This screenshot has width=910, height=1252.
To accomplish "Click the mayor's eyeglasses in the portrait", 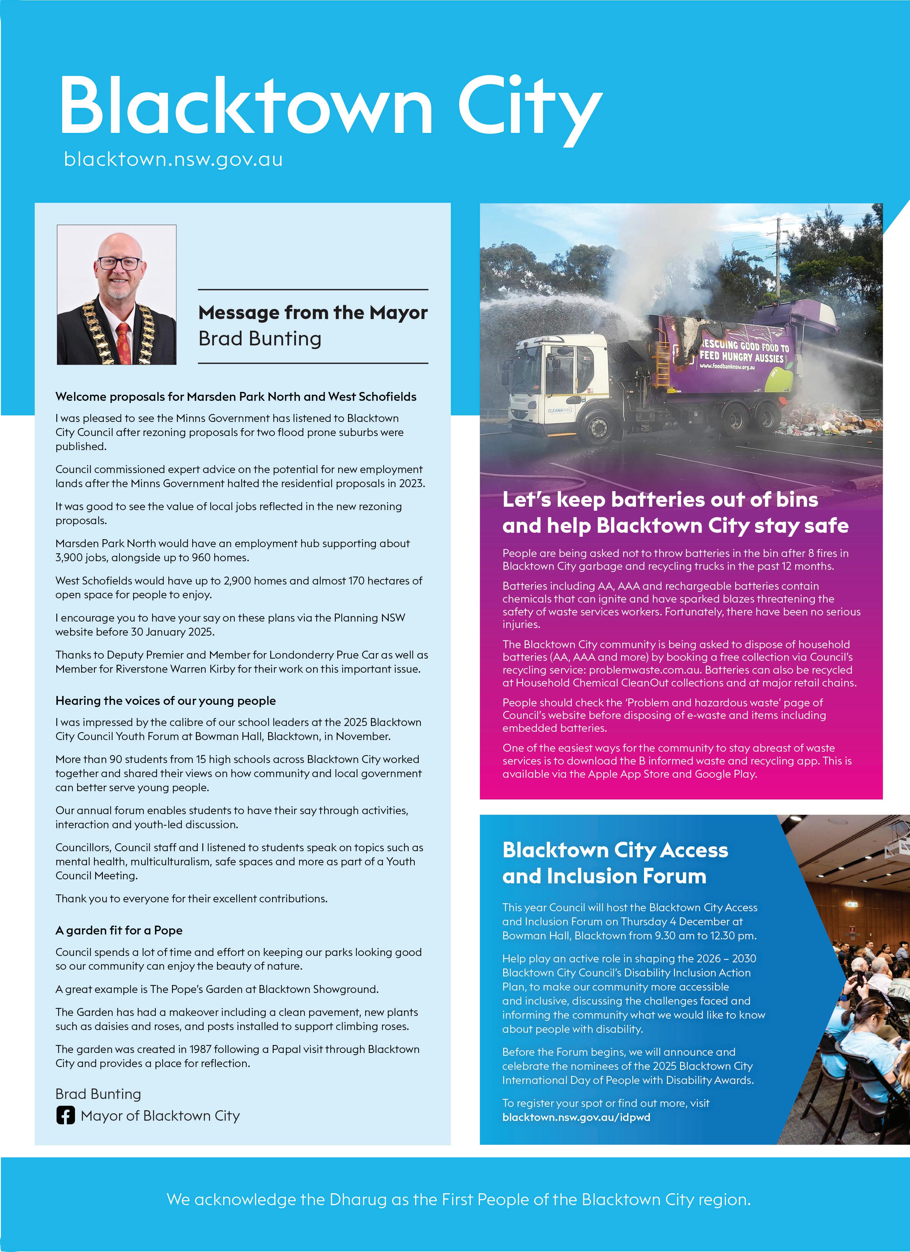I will click(x=119, y=263).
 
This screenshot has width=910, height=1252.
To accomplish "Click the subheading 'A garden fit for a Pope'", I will click(x=119, y=930).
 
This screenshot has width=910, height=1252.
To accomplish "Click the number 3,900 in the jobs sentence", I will click(x=69, y=558).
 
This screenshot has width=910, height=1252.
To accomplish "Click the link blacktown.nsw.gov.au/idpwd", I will click(x=576, y=1117).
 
